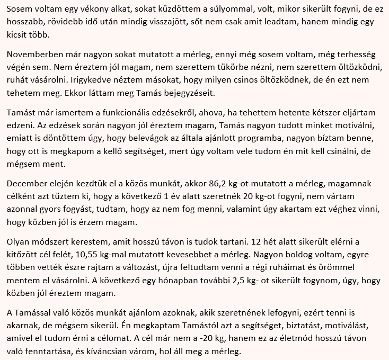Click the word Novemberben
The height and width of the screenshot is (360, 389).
(x=34, y=55)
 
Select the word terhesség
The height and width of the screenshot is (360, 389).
(x=356, y=55)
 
